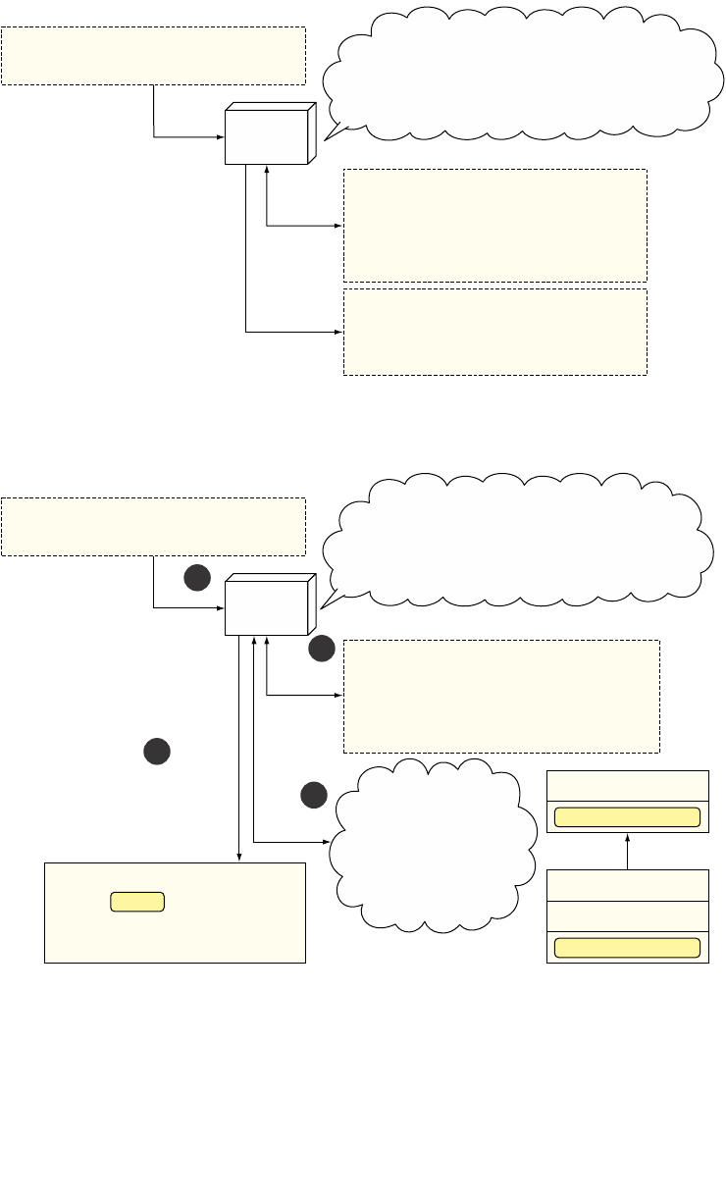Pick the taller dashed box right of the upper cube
coord(494,226)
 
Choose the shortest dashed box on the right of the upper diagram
coord(494,332)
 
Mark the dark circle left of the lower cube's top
coord(197,579)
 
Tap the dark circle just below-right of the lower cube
coord(322,649)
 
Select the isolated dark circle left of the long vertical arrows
coord(156,753)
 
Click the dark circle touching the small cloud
coord(313,795)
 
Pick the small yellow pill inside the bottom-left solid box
coord(136,902)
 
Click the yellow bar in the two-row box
coord(627,817)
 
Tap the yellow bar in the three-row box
coord(627,947)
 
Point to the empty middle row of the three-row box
coord(627,915)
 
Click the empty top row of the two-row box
coord(627,786)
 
